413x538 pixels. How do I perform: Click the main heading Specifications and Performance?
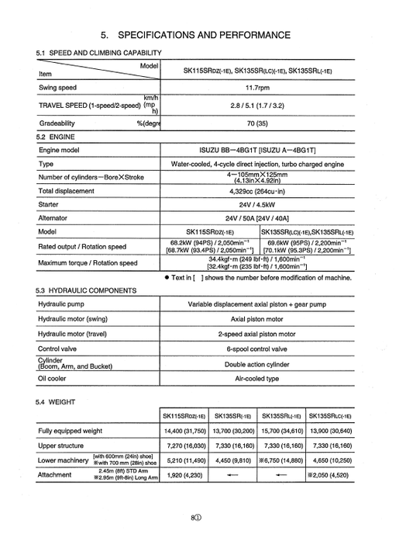205,36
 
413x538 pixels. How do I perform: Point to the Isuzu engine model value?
257,149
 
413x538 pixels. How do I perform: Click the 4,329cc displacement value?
257,191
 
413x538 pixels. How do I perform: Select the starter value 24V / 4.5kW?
257,205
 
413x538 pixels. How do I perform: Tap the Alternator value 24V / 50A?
257,219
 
